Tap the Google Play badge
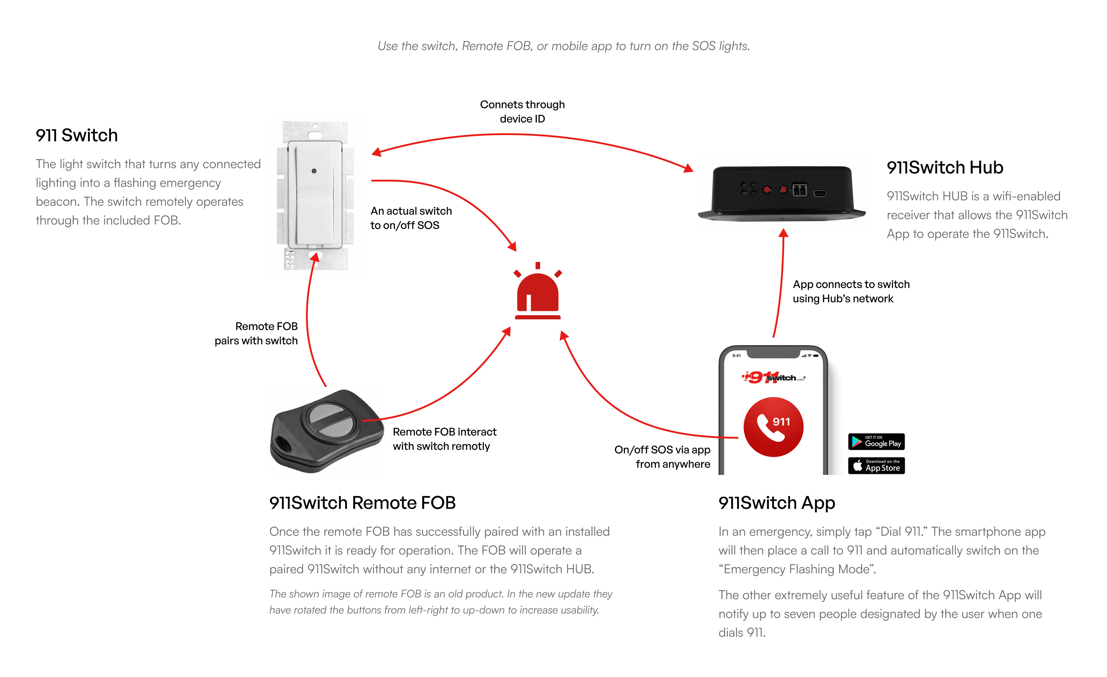pyautogui.click(x=876, y=442)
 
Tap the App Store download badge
pyautogui.click(x=876, y=466)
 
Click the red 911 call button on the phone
pyautogui.click(x=773, y=427)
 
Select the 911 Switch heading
pyautogui.click(x=77, y=135)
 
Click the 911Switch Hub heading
pyautogui.click(x=945, y=168)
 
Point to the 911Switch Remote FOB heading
pyautogui.click(x=362, y=503)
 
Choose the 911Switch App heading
pyautogui.click(x=777, y=503)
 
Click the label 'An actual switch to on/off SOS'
pyautogui.click(x=411, y=218)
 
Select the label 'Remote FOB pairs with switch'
pyautogui.click(x=256, y=334)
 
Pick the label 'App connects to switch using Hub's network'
pyautogui.click(x=851, y=291)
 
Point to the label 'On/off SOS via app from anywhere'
pyautogui.click(x=662, y=457)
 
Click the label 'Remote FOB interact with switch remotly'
pyautogui.click(x=444, y=439)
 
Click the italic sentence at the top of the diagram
pyautogui.click(x=563, y=46)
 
